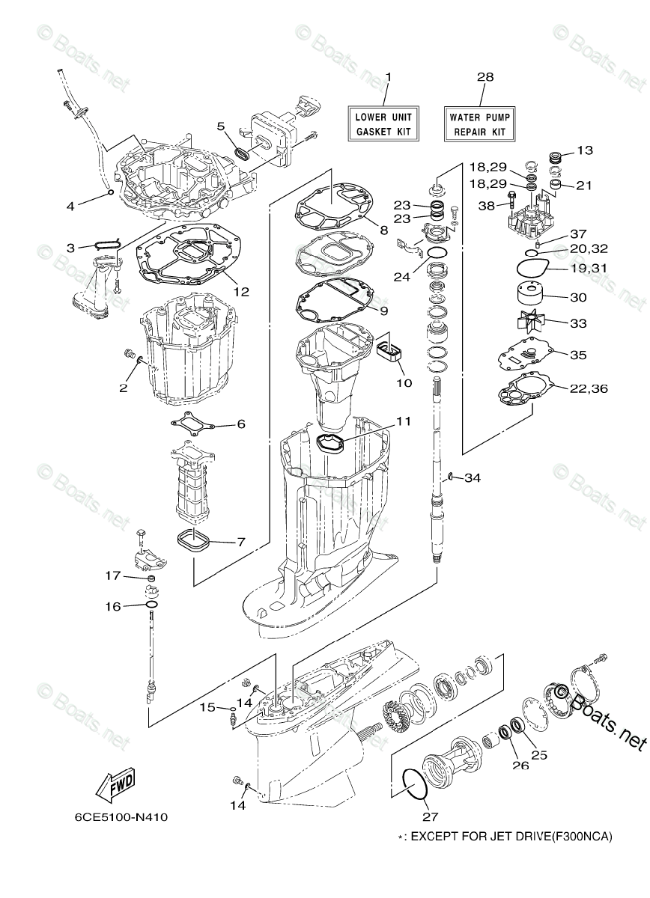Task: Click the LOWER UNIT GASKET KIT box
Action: (383, 123)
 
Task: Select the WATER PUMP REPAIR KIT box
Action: (479, 123)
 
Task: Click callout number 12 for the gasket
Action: (241, 291)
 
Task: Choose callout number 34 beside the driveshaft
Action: (473, 477)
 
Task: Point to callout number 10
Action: (404, 382)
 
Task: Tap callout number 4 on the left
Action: (70, 206)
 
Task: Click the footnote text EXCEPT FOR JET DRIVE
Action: (509, 836)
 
